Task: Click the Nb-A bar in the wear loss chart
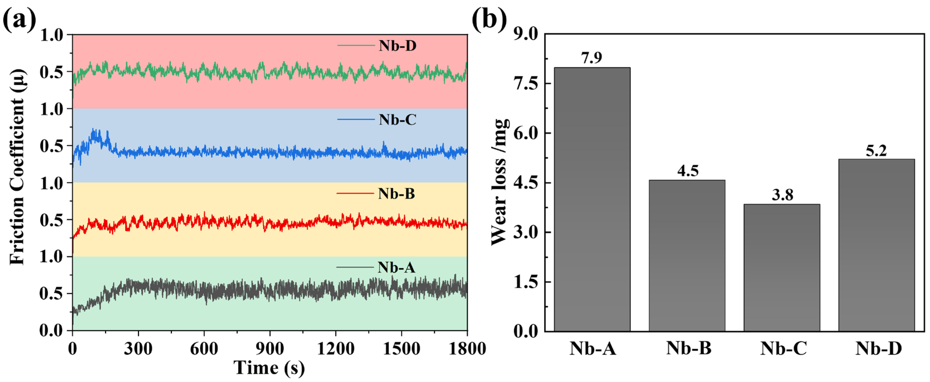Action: [592, 199]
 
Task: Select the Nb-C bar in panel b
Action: [782, 267]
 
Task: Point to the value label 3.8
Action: [782, 195]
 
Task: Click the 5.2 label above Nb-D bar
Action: [876, 151]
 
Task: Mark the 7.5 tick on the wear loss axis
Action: [525, 83]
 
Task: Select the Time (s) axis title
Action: [269, 368]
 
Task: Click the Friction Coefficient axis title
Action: [17, 166]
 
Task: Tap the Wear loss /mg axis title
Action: [500, 182]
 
